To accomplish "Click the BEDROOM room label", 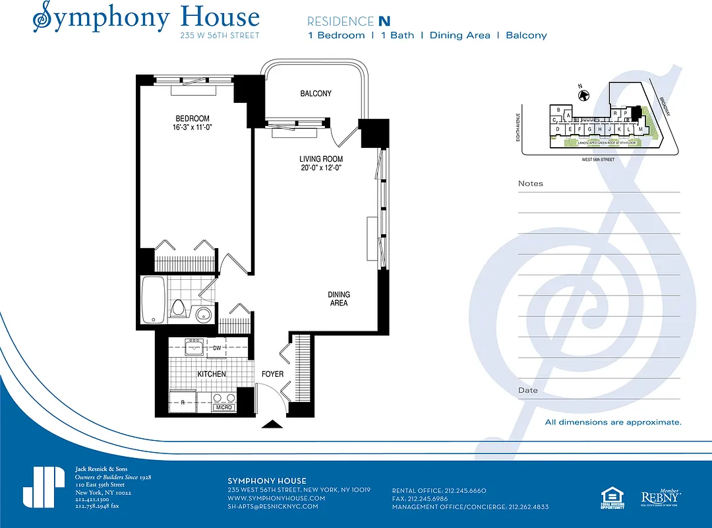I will point(193,119).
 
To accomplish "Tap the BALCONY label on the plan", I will point(316,94).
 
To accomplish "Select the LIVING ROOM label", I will point(321,159).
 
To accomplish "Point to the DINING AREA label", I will point(339,299).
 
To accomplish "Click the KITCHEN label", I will point(212,374).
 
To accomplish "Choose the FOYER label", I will point(272,374).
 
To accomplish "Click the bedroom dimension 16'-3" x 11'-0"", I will point(193,128).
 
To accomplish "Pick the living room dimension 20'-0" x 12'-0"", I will point(321,168).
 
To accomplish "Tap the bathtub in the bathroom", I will point(153,301).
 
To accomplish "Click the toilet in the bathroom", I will point(178,308).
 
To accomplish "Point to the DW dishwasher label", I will point(217,348).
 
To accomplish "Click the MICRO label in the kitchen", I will point(223,407).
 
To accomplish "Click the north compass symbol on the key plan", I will point(583,95).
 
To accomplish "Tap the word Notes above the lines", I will point(531,183).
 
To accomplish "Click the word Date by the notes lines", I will point(527,390).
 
